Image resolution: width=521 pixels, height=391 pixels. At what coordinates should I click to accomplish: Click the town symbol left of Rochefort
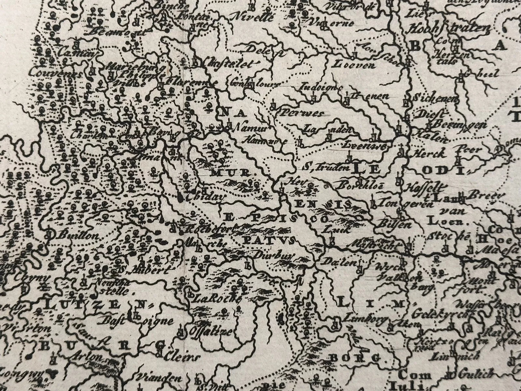174,228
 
